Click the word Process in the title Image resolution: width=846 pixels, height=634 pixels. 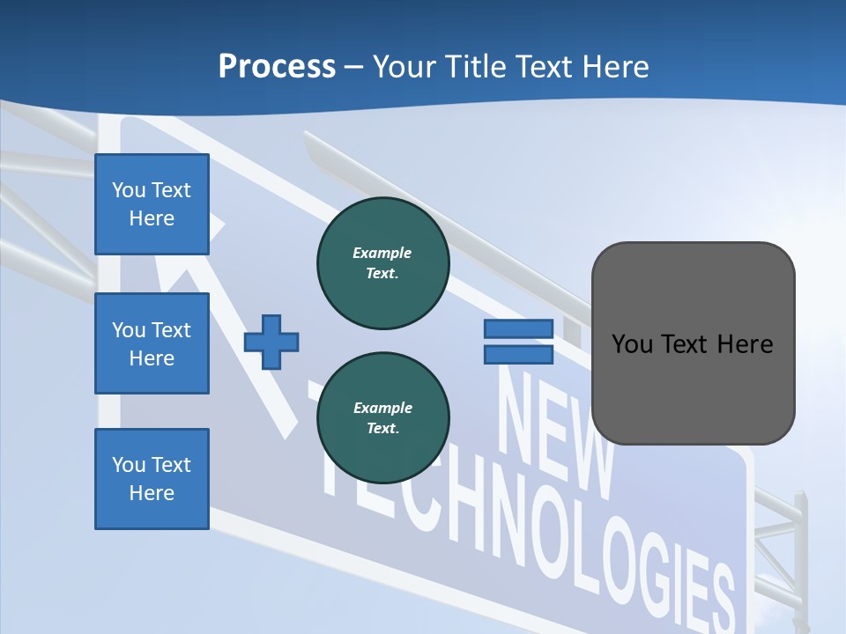point(277,67)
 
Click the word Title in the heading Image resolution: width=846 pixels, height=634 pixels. point(479,67)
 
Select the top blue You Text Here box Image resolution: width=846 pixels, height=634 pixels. point(152,204)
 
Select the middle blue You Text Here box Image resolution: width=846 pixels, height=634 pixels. point(152,343)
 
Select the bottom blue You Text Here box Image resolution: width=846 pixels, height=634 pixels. point(152,478)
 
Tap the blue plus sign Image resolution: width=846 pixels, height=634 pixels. point(271,342)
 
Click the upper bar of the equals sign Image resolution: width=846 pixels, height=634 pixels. point(518,328)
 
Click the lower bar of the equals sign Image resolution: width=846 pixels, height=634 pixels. point(518,355)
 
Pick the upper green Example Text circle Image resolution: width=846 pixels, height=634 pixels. point(382,263)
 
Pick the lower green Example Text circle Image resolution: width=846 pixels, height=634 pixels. point(382,418)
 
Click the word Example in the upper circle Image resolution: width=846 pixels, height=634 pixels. point(382,253)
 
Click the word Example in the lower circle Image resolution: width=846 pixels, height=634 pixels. point(382,408)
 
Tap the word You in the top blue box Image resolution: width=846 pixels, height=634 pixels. point(128,190)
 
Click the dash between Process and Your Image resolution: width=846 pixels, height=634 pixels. point(353,67)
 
